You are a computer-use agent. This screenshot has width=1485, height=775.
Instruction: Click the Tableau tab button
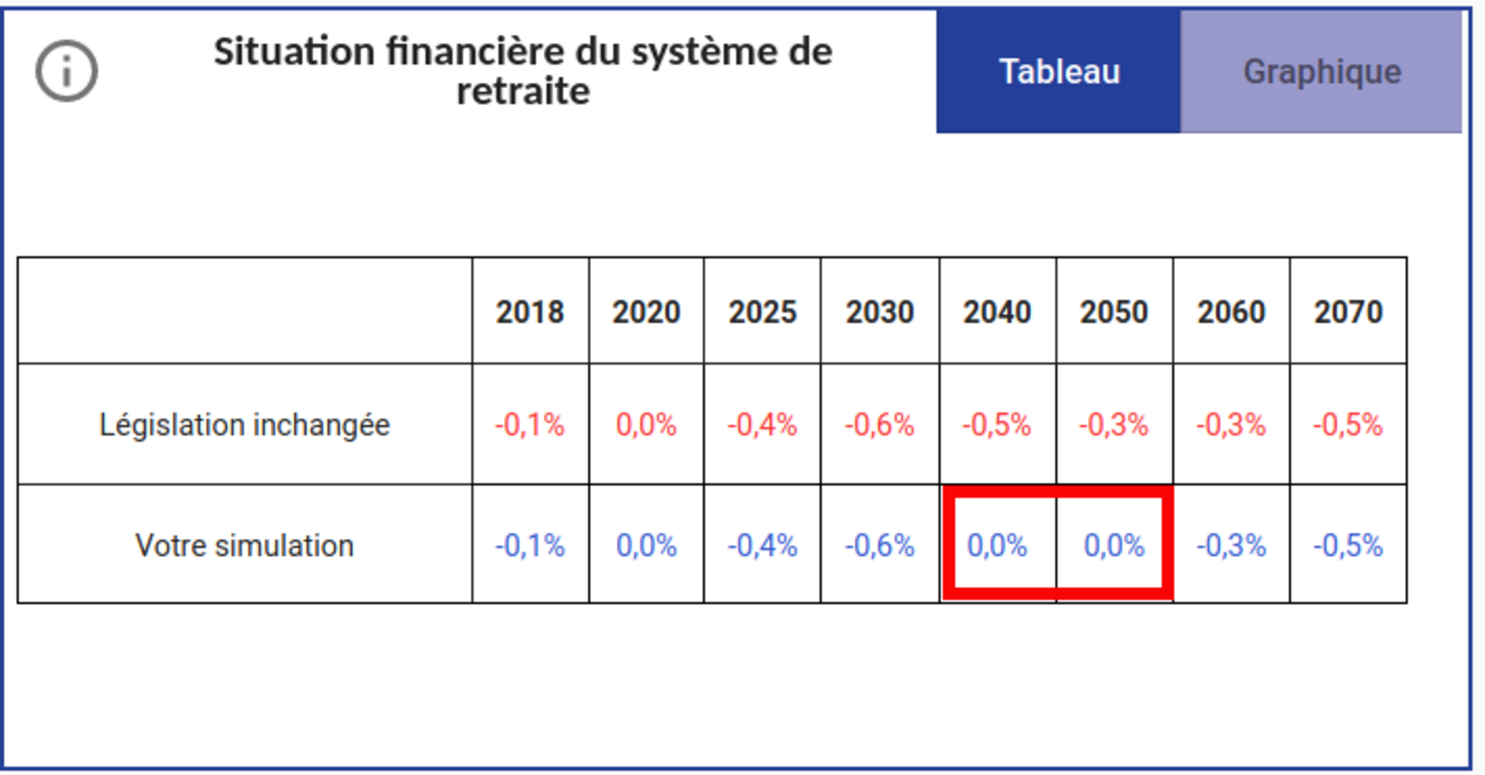tap(1058, 71)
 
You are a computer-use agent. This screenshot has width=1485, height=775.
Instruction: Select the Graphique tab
tap(1322, 71)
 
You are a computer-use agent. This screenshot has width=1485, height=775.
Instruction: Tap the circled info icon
tap(66, 71)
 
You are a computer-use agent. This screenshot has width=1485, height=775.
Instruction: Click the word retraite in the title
tap(523, 92)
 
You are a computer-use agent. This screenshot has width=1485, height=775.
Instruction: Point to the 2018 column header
tap(530, 312)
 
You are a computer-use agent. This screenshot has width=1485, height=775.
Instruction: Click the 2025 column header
tap(763, 312)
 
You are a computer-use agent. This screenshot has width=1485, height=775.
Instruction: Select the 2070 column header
tap(1348, 312)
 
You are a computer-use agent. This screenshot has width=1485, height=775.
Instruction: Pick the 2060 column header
tap(1231, 312)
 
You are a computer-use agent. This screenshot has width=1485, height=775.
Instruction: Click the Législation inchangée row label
tap(244, 425)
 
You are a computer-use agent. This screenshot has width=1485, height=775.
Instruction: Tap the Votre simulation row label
tap(244, 546)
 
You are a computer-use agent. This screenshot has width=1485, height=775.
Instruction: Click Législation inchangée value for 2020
tap(646, 425)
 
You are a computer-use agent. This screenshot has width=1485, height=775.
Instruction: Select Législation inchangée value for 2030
tap(880, 425)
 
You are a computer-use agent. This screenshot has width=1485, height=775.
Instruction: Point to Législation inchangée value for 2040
tap(997, 425)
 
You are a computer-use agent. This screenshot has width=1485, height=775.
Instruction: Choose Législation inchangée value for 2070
tap(1348, 425)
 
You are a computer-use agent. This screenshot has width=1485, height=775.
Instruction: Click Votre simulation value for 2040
tap(997, 546)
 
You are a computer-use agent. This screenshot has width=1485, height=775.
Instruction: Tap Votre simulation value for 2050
tap(1114, 546)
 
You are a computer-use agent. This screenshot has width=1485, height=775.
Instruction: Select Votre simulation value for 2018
tap(530, 546)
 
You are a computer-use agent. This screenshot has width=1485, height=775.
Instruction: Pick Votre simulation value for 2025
tap(763, 546)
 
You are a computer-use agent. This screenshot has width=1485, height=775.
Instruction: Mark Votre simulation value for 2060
tap(1231, 546)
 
